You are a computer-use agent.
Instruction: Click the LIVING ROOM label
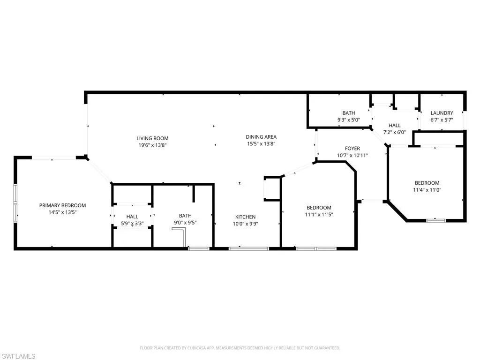click(x=152, y=138)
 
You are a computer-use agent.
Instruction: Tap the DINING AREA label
click(x=261, y=137)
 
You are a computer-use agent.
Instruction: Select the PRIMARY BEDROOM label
click(x=62, y=205)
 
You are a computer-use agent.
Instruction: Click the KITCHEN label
click(x=246, y=217)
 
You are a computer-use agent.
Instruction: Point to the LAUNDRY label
click(x=442, y=113)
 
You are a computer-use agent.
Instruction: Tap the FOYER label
click(x=352, y=149)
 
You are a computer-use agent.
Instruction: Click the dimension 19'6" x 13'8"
click(x=152, y=145)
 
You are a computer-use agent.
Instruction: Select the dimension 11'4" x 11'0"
click(x=427, y=190)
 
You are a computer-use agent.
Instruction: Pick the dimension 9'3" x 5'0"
click(x=349, y=120)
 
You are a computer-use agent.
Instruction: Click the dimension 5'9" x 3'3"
click(x=132, y=224)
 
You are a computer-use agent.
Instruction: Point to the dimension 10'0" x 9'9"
click(x=246, y=224)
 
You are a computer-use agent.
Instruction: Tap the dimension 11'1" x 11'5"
click(x=319, y=215)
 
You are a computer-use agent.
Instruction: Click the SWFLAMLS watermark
click(x=18, y=356)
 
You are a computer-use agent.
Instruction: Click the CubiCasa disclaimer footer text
click(x=240, y=348)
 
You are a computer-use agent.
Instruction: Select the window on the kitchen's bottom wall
click(x=248, y=248)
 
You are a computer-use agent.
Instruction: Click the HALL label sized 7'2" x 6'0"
click(x=395, y=126)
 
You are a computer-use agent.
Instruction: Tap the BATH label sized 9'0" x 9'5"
click(x=185, y=216)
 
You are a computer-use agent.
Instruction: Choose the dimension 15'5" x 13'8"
click(x=261, y=144)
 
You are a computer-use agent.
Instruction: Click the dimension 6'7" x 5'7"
click(x=442, y=120)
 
